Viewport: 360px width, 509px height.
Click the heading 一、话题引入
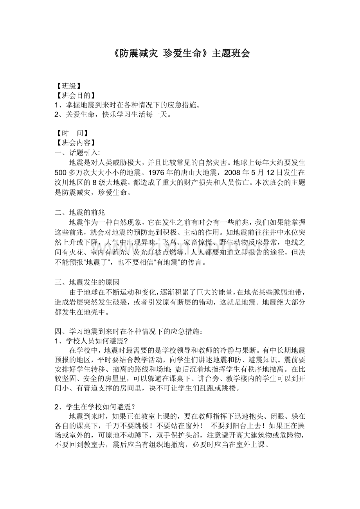coord(77,152)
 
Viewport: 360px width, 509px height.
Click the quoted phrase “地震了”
coord(89,263)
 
